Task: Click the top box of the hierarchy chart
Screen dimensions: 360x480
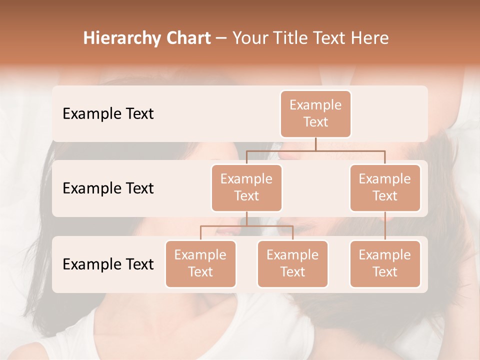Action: (315, 113)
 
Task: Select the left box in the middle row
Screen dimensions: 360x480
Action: (246, 187)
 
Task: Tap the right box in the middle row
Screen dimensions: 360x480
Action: (385, 187)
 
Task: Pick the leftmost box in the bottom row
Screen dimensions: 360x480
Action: (200, 263)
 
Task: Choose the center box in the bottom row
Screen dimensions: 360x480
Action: (292, 263)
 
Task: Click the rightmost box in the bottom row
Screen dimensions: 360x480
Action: (385, 263)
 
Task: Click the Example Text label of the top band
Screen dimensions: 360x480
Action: (108, 113)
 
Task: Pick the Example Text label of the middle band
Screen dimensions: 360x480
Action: (108, 188)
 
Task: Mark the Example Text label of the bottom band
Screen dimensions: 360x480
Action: (108, 264)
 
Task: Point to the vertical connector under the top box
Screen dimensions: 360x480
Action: (315, 144)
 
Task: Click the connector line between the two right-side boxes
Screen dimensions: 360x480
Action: (385, 226)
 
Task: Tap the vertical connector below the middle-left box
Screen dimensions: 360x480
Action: (246, 218)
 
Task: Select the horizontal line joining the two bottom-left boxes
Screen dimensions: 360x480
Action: (246, 226)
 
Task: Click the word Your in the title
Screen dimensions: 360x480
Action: (250, 38)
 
